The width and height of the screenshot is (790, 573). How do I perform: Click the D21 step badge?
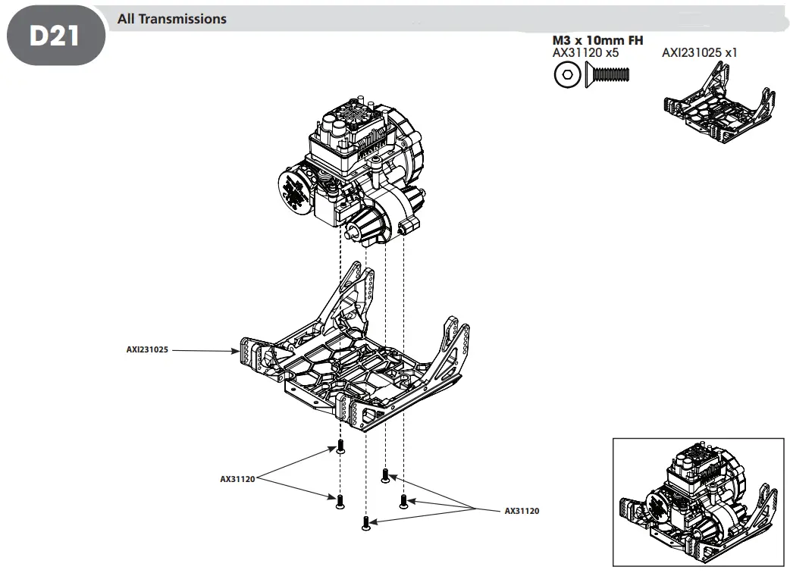tap(55, 36)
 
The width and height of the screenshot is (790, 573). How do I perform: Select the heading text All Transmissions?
tap(171, 19)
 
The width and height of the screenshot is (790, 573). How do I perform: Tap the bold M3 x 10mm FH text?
tap(597, 40)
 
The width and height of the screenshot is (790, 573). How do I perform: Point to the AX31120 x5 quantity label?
tap(586, 53)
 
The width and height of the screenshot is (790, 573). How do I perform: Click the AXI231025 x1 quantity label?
tap(699, 53)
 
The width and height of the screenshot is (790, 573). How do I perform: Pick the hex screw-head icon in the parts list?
tap(565, 74)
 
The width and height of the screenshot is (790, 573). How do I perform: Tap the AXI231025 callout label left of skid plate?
tap(147, 350)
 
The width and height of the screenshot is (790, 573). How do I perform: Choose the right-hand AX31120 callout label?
tap(522, 511)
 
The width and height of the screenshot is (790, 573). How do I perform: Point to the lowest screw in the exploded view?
tap(367, 523)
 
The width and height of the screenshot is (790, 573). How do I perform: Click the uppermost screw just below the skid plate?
tap(340, 446)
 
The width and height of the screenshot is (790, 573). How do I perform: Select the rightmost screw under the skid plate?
tap(404, 500)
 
